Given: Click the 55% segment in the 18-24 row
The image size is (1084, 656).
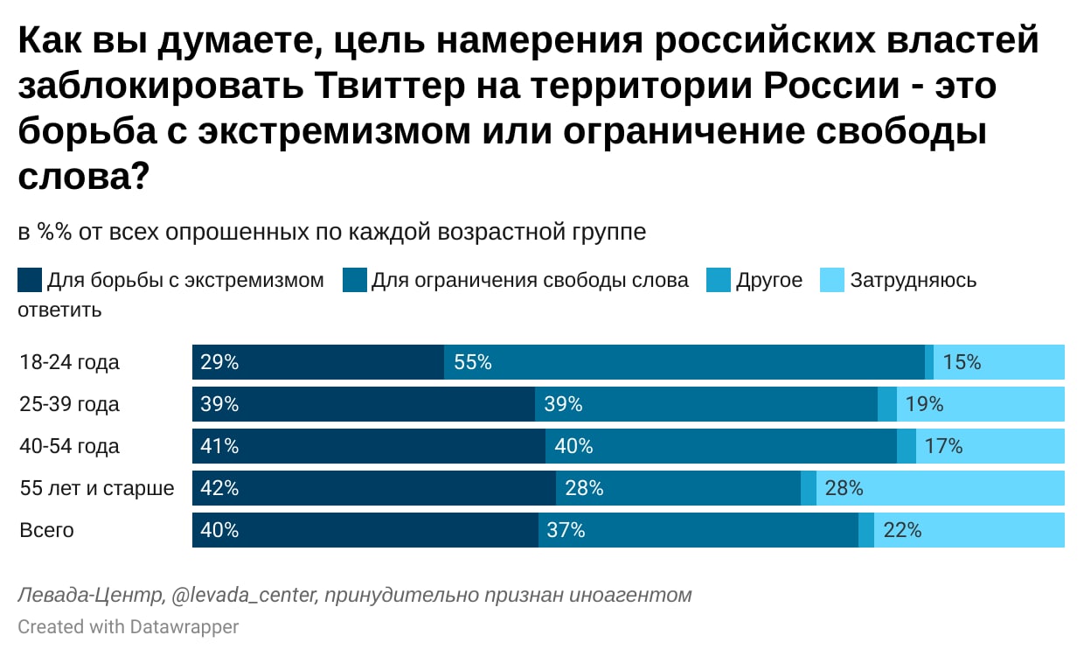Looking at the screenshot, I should click(684, 362).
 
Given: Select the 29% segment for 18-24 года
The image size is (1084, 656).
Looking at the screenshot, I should click(318, 362).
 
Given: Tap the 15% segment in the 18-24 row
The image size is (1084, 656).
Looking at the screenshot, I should click(999, 362).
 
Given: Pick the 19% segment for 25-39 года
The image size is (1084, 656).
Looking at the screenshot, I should click(981, 404).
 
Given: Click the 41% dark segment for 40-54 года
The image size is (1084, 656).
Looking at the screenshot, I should click(369, 446).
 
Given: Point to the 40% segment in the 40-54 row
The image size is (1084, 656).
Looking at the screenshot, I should click(721, 446).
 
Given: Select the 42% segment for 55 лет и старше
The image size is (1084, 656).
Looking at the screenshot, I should click(374, 488).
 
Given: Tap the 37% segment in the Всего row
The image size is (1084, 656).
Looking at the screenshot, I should click(698, 530).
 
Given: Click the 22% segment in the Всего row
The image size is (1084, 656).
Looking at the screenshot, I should click(969, 530).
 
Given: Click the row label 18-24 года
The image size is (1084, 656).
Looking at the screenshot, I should click(70, 362).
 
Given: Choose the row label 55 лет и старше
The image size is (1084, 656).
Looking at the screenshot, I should click(97, 488).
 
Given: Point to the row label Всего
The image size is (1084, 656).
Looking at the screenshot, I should click(47, 530).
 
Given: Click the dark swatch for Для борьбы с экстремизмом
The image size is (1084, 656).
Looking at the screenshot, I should click(29, 280).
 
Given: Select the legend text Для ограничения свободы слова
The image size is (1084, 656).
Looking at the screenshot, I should click(530, 280).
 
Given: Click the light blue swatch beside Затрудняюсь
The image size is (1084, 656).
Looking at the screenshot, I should click(832, 280).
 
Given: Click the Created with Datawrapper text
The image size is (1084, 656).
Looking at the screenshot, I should click(129, 626).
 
